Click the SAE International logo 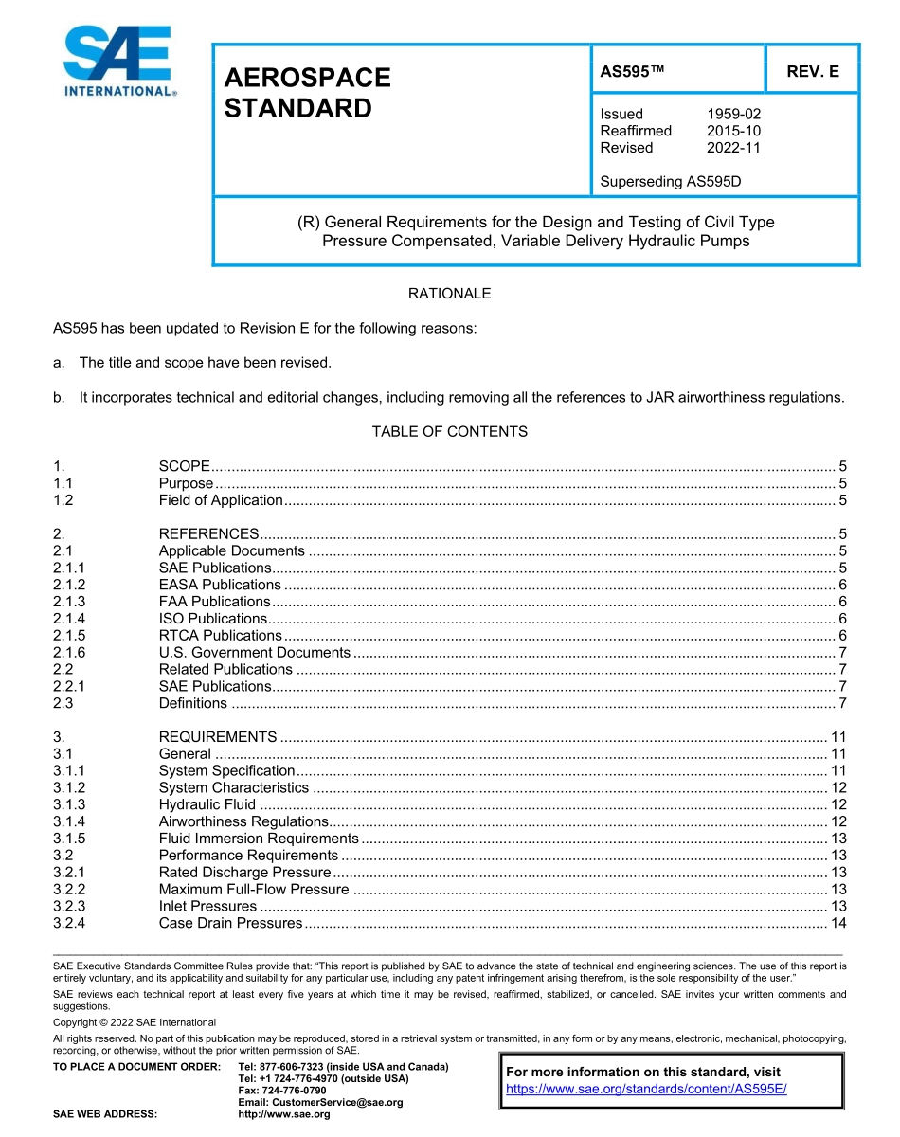click(x=117, y=63)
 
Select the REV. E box click(x=812, y=71)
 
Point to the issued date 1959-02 click(x=733, y=114)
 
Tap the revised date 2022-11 click(x=733, y=148)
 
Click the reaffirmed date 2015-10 click(x=733, y=131)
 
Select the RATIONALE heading click(x=449, y=294)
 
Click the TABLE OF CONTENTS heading click(x=449, y=432)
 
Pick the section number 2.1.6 click(x=69, y=653)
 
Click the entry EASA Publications click(x=220, y=585)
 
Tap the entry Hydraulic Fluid click(x=207, y=804)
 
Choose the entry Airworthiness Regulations click(x=243, y=821)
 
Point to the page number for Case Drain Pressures click(x=837, y=923)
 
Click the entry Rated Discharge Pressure click(x=244, y=873)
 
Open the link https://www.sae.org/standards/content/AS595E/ click(x=646, y=1089)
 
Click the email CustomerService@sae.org click(x=320, y=1102)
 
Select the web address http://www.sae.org click(x=283, y=1114)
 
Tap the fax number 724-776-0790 click(x=281, y=1091)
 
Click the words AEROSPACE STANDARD click(x=307, y=93)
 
